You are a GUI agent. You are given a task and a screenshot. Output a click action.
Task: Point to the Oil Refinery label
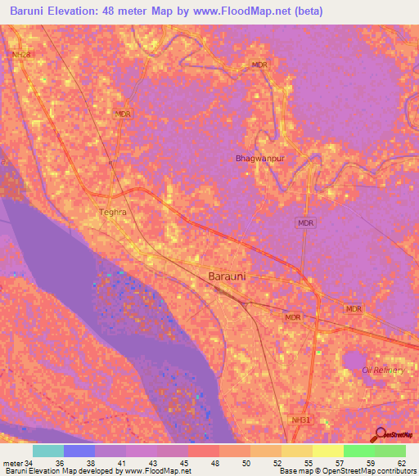click(x=383, y=370)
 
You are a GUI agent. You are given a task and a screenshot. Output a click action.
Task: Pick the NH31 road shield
click(x=301, y=420)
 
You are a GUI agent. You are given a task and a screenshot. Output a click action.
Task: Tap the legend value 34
click(x=29, y=463)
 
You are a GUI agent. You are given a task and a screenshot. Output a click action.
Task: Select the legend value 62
click(x=400, y=463)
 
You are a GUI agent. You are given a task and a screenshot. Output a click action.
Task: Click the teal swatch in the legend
click(x=48, y=451)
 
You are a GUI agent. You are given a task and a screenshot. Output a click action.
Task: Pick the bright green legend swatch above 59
click(x=358, y=451)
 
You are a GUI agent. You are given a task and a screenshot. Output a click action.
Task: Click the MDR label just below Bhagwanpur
click(x=304, y=222)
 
